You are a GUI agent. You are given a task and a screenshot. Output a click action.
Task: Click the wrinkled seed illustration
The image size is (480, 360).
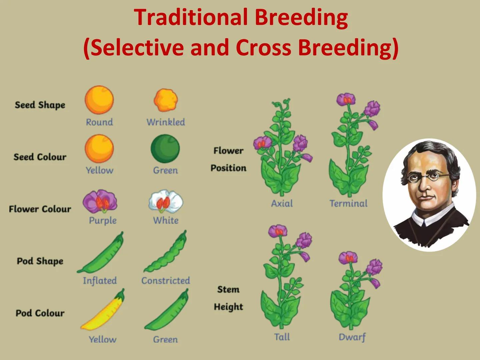[x=166, y=100]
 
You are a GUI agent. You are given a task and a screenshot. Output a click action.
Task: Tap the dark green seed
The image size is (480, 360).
[x=165, y=149]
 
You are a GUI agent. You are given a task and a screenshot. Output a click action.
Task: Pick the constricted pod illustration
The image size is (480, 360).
[x=166, y=253]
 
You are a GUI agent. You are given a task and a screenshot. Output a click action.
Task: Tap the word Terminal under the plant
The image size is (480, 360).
[x=348, y=203]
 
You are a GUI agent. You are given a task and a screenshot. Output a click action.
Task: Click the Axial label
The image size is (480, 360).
[x=282, y=203]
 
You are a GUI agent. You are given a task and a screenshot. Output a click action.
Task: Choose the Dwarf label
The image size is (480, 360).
[x=352, y=337]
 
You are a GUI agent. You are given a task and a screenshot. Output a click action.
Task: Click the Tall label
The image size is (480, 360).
[x=282, y=337]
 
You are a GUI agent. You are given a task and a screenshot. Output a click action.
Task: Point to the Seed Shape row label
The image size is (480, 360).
[x=40, y=105]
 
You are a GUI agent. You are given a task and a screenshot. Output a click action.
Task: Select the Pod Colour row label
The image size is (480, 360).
[x=40, y=313]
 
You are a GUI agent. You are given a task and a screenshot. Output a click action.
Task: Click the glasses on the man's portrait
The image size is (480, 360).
[x=428, y=176]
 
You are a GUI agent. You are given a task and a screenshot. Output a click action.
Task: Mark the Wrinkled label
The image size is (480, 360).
[x=166, y=122]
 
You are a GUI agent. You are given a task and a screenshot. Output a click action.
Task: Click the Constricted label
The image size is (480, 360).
[x=166, y=281]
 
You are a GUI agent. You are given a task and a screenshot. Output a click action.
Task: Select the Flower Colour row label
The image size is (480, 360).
[x=40, y=209]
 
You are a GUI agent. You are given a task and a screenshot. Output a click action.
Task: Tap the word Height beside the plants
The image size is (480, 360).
[x=228, y=307]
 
